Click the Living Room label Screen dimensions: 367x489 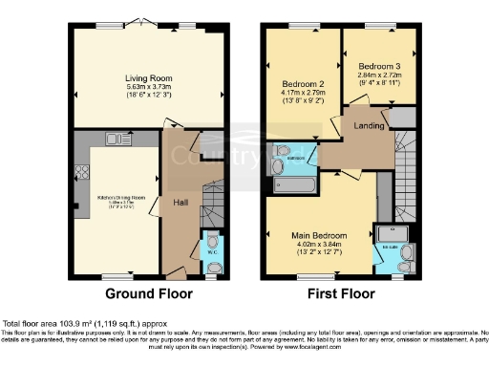(x=147, y=77)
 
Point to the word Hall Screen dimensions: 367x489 (x=180, y=203)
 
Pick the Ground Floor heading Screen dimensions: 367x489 (x=148, y=293)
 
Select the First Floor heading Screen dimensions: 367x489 (x=340, y=293)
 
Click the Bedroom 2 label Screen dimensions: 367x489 (x=298, y=83)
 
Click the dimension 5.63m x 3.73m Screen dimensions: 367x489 (x=147, y=87)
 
